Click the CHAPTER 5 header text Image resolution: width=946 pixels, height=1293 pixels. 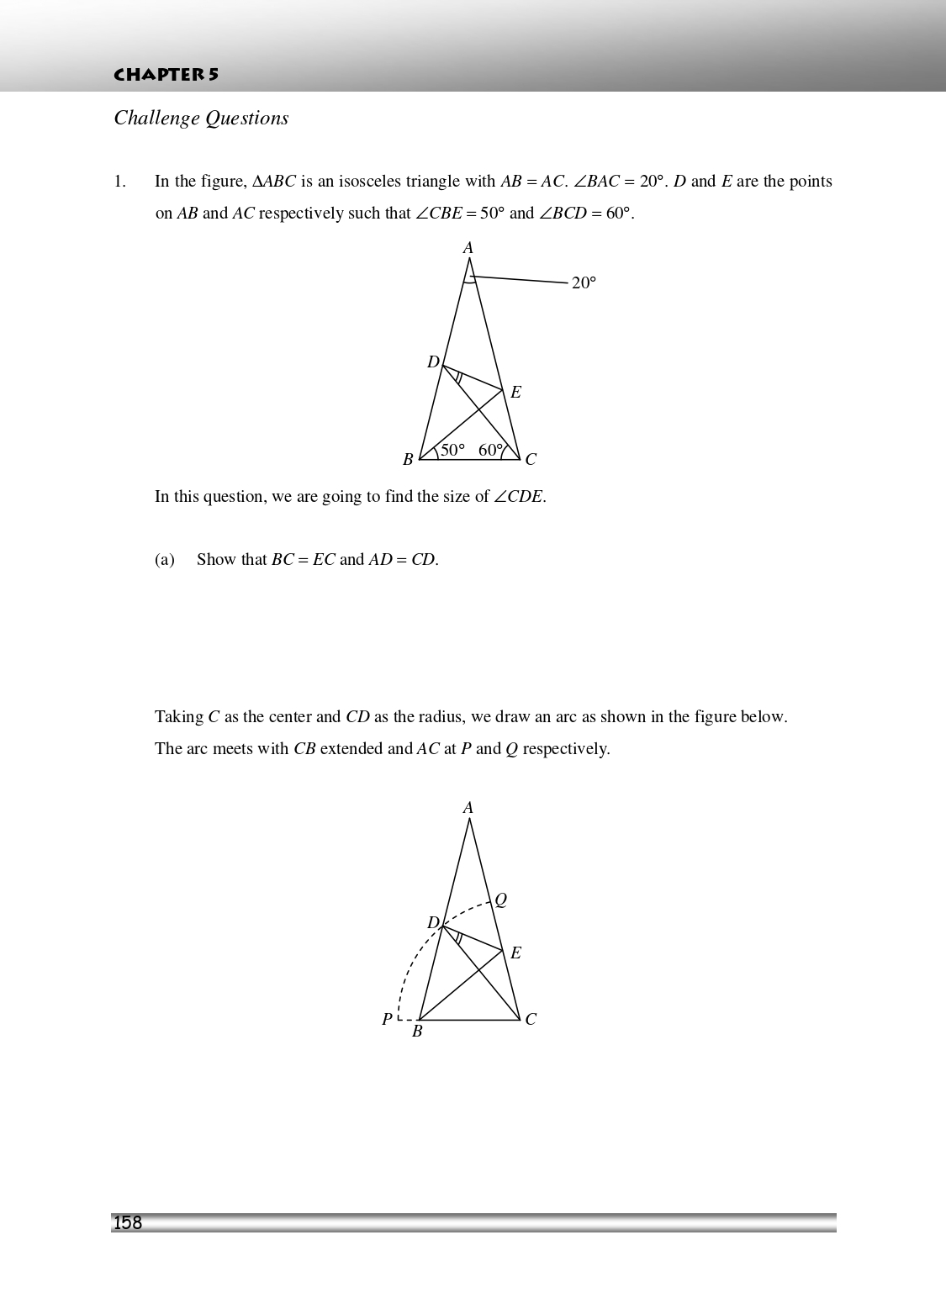[166, 75]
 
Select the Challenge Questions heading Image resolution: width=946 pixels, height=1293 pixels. [201, 119]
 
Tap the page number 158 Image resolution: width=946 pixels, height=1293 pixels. [128, 1223]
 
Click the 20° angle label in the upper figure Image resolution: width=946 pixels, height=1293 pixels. [584, 283]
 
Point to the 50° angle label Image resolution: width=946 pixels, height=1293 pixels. [452, 450]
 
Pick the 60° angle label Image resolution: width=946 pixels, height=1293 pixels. [490, 450]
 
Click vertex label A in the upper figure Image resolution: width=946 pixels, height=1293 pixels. [468, 248]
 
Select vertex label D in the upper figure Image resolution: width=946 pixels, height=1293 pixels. [433, 362]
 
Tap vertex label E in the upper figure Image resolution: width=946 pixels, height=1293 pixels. [515, 393]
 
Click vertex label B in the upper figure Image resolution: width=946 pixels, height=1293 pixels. [408, 460]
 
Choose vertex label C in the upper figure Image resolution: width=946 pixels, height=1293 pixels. [531, 460]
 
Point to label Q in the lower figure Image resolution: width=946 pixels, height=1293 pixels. [500, 900]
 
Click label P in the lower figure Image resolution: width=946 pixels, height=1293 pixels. [387, 1020]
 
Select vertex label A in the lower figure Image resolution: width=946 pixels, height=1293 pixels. [468, 808]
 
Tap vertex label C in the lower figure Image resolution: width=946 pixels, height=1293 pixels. [531, 1020]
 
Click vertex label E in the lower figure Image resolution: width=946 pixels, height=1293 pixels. [515, 953]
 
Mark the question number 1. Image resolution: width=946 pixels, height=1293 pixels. [119, 182]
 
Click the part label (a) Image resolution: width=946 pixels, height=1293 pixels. [165, 560]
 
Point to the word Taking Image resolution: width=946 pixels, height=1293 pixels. [178, 717]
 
